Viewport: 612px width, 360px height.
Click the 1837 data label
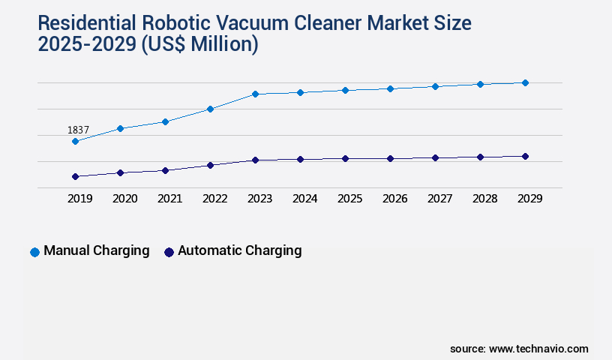tap(78, 130)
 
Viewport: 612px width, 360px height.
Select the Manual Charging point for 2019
tap(75, 141)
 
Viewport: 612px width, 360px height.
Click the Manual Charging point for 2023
tap(255, 94)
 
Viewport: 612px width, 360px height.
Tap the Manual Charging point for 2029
tap(525, 82)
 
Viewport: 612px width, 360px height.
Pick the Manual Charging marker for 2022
tap(210, 109)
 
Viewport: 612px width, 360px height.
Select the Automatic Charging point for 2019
tap(75, 176)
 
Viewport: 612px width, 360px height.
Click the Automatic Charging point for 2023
tap(255, 160)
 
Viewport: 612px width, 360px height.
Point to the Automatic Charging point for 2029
tap(525, 156)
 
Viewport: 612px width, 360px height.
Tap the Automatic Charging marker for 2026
tap(390, 158)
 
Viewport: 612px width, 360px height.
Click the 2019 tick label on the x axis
tap(79, 199)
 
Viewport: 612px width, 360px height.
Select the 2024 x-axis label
tap(304, 199)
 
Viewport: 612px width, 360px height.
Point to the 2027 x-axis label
tap(439, 199)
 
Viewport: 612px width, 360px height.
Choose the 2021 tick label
tap(169, 199)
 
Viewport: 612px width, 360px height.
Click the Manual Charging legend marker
tap(34, 252)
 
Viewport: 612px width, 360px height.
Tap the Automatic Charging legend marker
tap(169, 252)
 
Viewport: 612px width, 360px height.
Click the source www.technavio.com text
tap(519, 349)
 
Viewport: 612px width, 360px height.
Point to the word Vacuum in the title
tap(271, 24)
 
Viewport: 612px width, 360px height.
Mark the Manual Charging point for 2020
tap(120, 128)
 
